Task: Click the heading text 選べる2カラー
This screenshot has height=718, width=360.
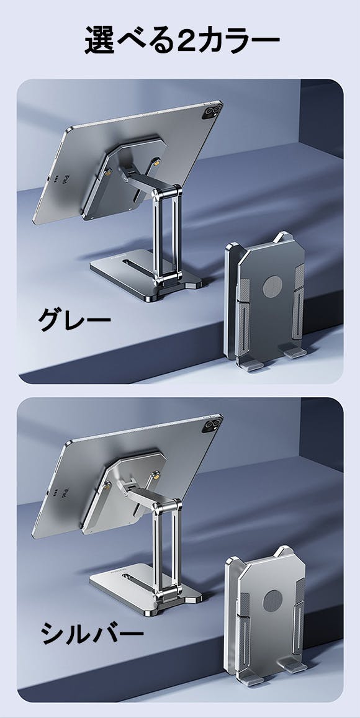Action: pyautogui.click(x=182, y=41)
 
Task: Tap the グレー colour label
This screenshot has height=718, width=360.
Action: pyautogui.click(x=74, y=320)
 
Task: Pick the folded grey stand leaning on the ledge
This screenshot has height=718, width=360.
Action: pyautogui.click(x=265, y=302)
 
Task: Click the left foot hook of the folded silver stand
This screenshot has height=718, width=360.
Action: pyautogui.click(x=250, y=679)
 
